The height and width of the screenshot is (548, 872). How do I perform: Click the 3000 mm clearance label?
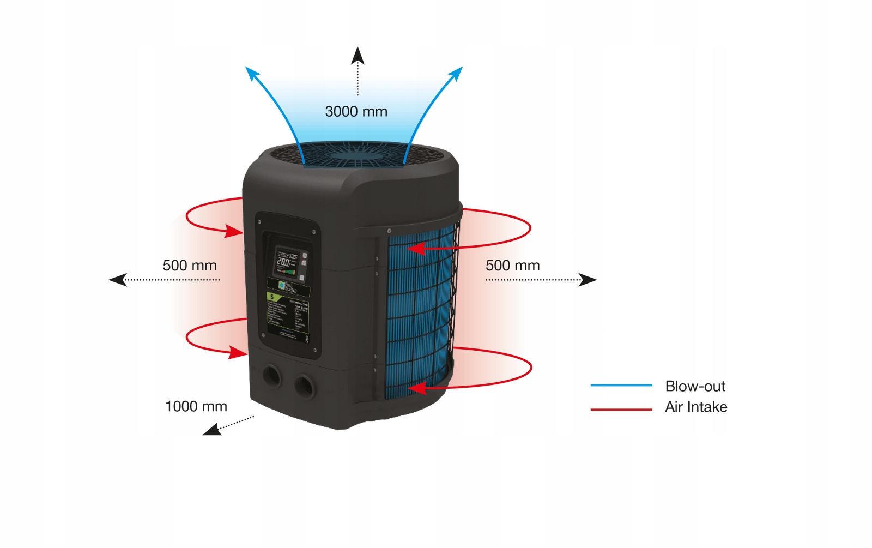[356, 112]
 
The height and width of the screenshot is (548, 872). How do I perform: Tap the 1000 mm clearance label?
[196, 406]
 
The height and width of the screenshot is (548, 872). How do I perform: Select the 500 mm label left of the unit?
[190, 266]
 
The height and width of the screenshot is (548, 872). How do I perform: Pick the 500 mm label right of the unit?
[512, 266]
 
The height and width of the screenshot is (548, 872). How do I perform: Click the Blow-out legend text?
[695, 386]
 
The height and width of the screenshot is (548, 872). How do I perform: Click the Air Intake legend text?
[696, 407]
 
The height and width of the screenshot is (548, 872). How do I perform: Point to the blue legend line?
[621, 386]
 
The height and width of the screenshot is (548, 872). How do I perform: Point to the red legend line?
[621, 409]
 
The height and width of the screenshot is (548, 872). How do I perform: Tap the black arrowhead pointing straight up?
[358, 55]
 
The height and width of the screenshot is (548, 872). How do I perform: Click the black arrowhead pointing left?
[118, 280]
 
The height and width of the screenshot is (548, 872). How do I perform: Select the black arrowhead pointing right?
[588, 280]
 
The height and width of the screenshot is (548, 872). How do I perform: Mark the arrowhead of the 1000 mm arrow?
[211, 430]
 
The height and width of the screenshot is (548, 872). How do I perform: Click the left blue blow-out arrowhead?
[252, 74]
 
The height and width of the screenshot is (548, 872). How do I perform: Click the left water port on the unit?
[271, 376]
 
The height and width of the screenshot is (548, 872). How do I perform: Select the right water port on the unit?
[304, 386]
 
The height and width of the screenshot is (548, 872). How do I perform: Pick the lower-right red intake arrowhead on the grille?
[417, 388]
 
